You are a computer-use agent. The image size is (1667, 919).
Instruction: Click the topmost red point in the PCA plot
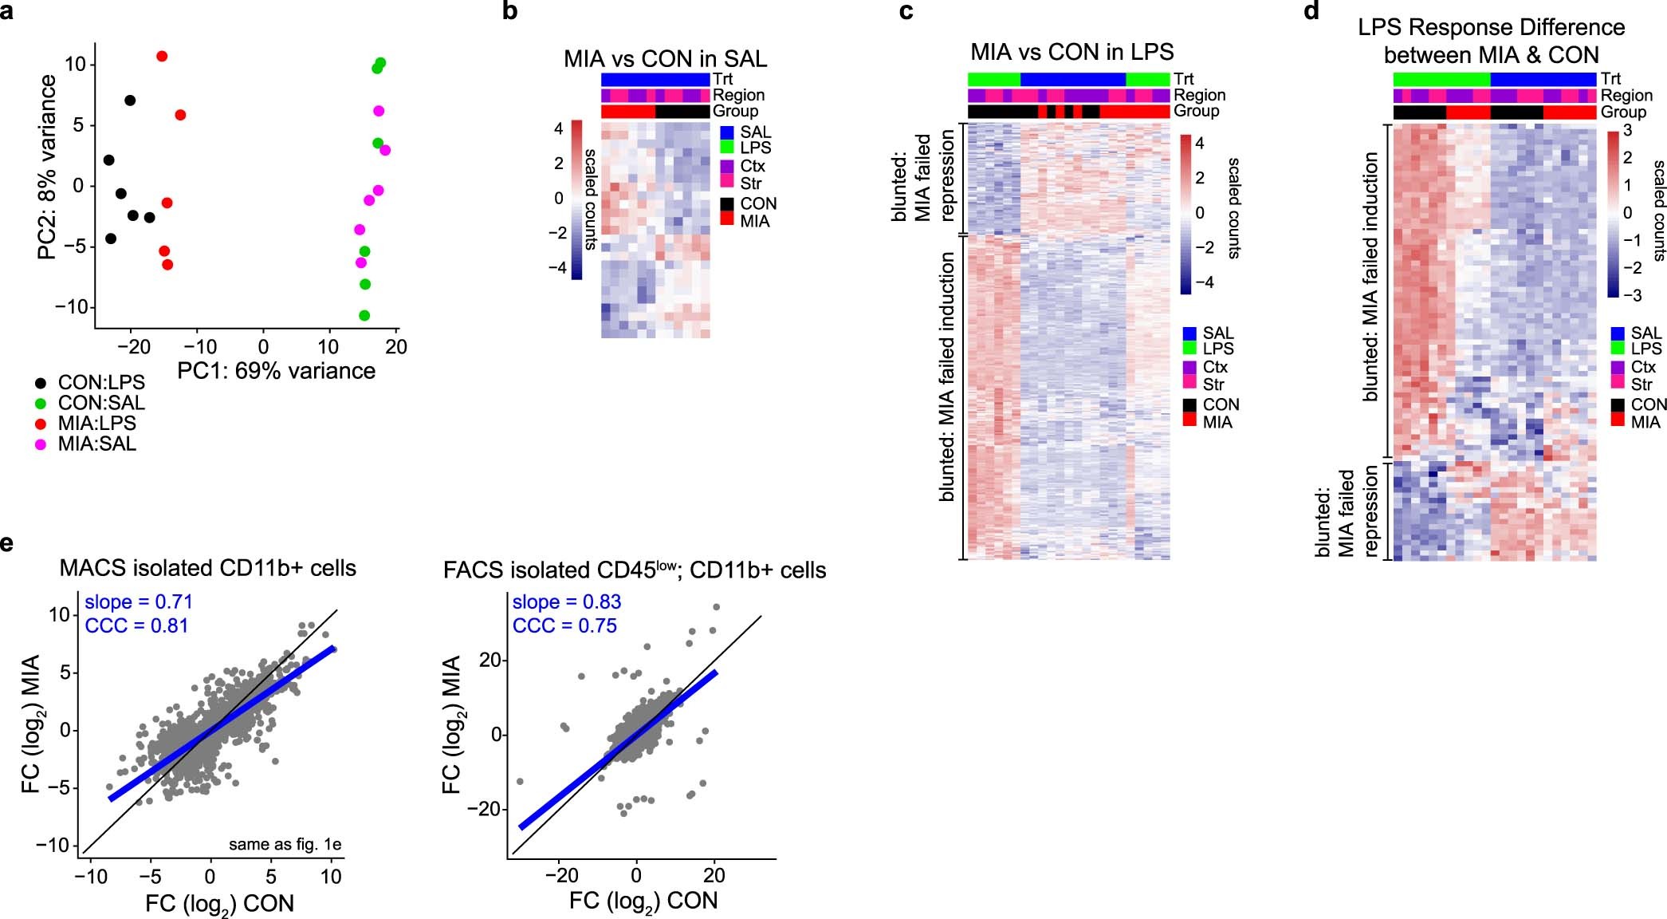click(x=162, y=56)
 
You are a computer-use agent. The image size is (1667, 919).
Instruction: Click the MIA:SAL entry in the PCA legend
click(x=96, y=444)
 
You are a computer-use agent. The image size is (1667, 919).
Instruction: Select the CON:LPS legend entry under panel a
click(x=96, y=383)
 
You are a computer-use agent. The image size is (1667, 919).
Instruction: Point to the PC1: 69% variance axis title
click(x=276, y=371)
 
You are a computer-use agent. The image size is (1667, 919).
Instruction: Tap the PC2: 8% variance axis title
click(x=47, y=167)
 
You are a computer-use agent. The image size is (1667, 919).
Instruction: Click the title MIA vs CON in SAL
click(x=665, y=59)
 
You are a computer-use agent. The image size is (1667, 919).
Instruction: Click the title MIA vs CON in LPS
click(x=1071, y=53)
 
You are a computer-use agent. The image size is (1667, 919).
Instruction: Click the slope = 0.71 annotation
click(x=139, y=602)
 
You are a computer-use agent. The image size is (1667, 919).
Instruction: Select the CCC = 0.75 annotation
click(x=564, y=626)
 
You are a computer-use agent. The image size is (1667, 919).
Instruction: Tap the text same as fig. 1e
click(x=285, y=844)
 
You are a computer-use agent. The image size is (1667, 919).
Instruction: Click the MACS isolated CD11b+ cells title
click(x=207, y=568)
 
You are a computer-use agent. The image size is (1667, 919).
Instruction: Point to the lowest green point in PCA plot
click(x=364, y=315)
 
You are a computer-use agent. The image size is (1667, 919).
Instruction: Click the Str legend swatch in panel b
click(x=727, y=183)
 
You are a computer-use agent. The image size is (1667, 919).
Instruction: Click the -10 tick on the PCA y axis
click(x=71, y=307)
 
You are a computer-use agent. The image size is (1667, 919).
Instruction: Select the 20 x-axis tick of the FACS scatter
click(x=714, y=875)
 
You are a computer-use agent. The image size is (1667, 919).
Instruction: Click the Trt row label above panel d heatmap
click(x=1610, y=78)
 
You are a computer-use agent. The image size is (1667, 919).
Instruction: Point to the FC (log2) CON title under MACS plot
click(x=219, y=904)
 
